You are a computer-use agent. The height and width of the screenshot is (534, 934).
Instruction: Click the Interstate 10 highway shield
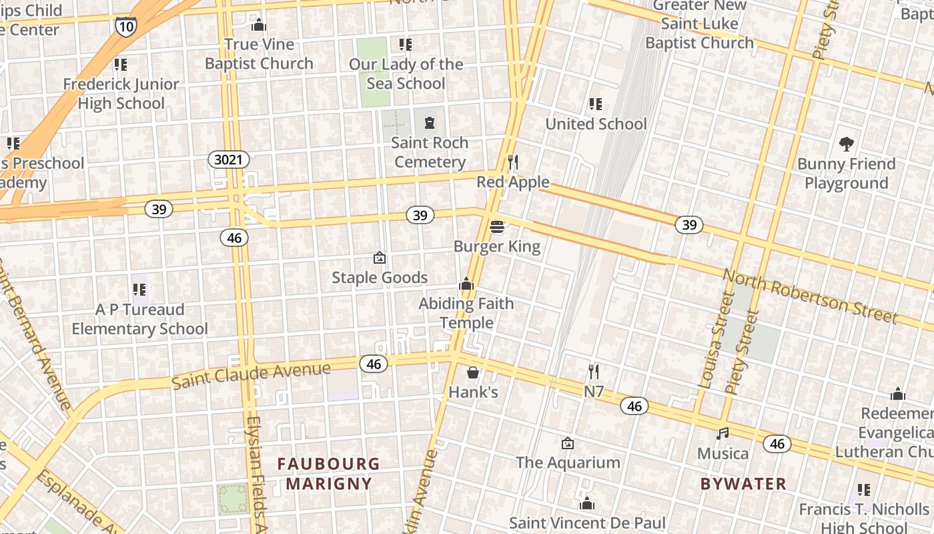click(125, 25)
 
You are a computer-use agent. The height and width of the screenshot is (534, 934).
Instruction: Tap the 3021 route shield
click(229, 160)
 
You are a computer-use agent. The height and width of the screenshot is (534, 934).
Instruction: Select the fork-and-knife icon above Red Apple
click(512, 162)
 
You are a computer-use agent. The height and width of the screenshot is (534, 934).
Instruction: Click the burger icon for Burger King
click(497, 227)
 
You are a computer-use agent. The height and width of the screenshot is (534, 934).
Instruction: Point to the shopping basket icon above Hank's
click(473, 372)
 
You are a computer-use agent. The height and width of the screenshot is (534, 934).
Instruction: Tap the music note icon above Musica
click(723, 434)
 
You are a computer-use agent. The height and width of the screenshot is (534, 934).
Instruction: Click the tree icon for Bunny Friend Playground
click(847, 144)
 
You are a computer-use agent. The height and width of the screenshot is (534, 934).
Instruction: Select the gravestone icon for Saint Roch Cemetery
click(429, 123)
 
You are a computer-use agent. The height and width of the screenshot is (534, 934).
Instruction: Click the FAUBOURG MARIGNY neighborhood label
click(328, 473)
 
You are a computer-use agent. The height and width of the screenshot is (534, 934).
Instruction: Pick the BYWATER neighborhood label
click(743, 483)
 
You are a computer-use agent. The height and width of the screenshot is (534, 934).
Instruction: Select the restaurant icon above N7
click(593, 372)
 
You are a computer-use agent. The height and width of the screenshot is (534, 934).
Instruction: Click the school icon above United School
click(596, 104)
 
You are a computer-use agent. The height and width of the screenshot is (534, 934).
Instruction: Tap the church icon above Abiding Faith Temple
click(466, 284)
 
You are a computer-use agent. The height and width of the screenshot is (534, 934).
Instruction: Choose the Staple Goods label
click(380, 278)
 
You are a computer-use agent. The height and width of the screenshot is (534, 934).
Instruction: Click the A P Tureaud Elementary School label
click(139, 319)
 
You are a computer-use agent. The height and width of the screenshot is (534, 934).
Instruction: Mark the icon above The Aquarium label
click(567, 443)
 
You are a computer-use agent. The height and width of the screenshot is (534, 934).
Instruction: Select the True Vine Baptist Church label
click(259, 54)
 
